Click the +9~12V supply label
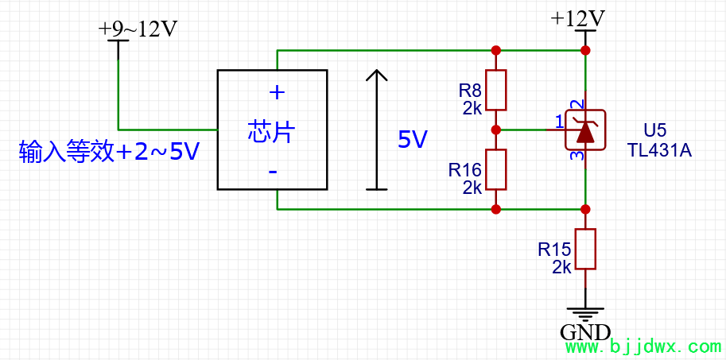pyautogui.click(x=138, y=29)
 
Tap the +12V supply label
pyautogui.click(x=578, y=18)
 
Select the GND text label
pyautogui.click(x=585, y=332)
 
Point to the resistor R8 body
pyautogui.click(x=496, y=90)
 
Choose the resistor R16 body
pyautogui.click(x=496, y=169)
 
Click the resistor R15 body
pyautogui.click(x=585, y=249)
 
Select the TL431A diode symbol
pyautogui.click(x=585, y=130)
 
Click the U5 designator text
pyautogui.click(x=655, y=130)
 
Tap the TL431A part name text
pyautogui.click(x=659, y=150)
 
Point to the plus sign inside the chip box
pyautogui.click(x=277, y=92)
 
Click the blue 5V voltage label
pyautogui.click(x=413, y=141)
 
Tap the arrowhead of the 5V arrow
pyautogui.click(x=376, y=75)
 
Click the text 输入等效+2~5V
pyautogui.click(x=109, y=152)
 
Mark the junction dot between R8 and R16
pyautogui.click(x=496, y=129)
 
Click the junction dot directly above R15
pyautogui.click(x=585, y=209)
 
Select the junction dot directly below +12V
pyautogui.click(x=585, y=50)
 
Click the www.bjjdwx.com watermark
pyautogui.click(x=642, y=347)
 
